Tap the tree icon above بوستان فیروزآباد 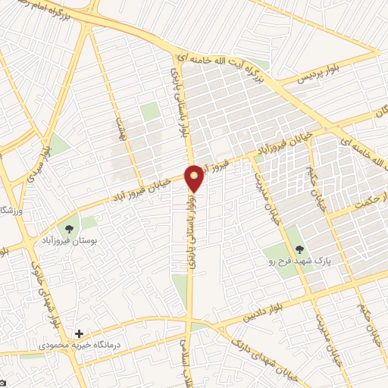pos(70,227)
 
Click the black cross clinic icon pos(80,333)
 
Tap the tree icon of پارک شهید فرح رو pos(299,249)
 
